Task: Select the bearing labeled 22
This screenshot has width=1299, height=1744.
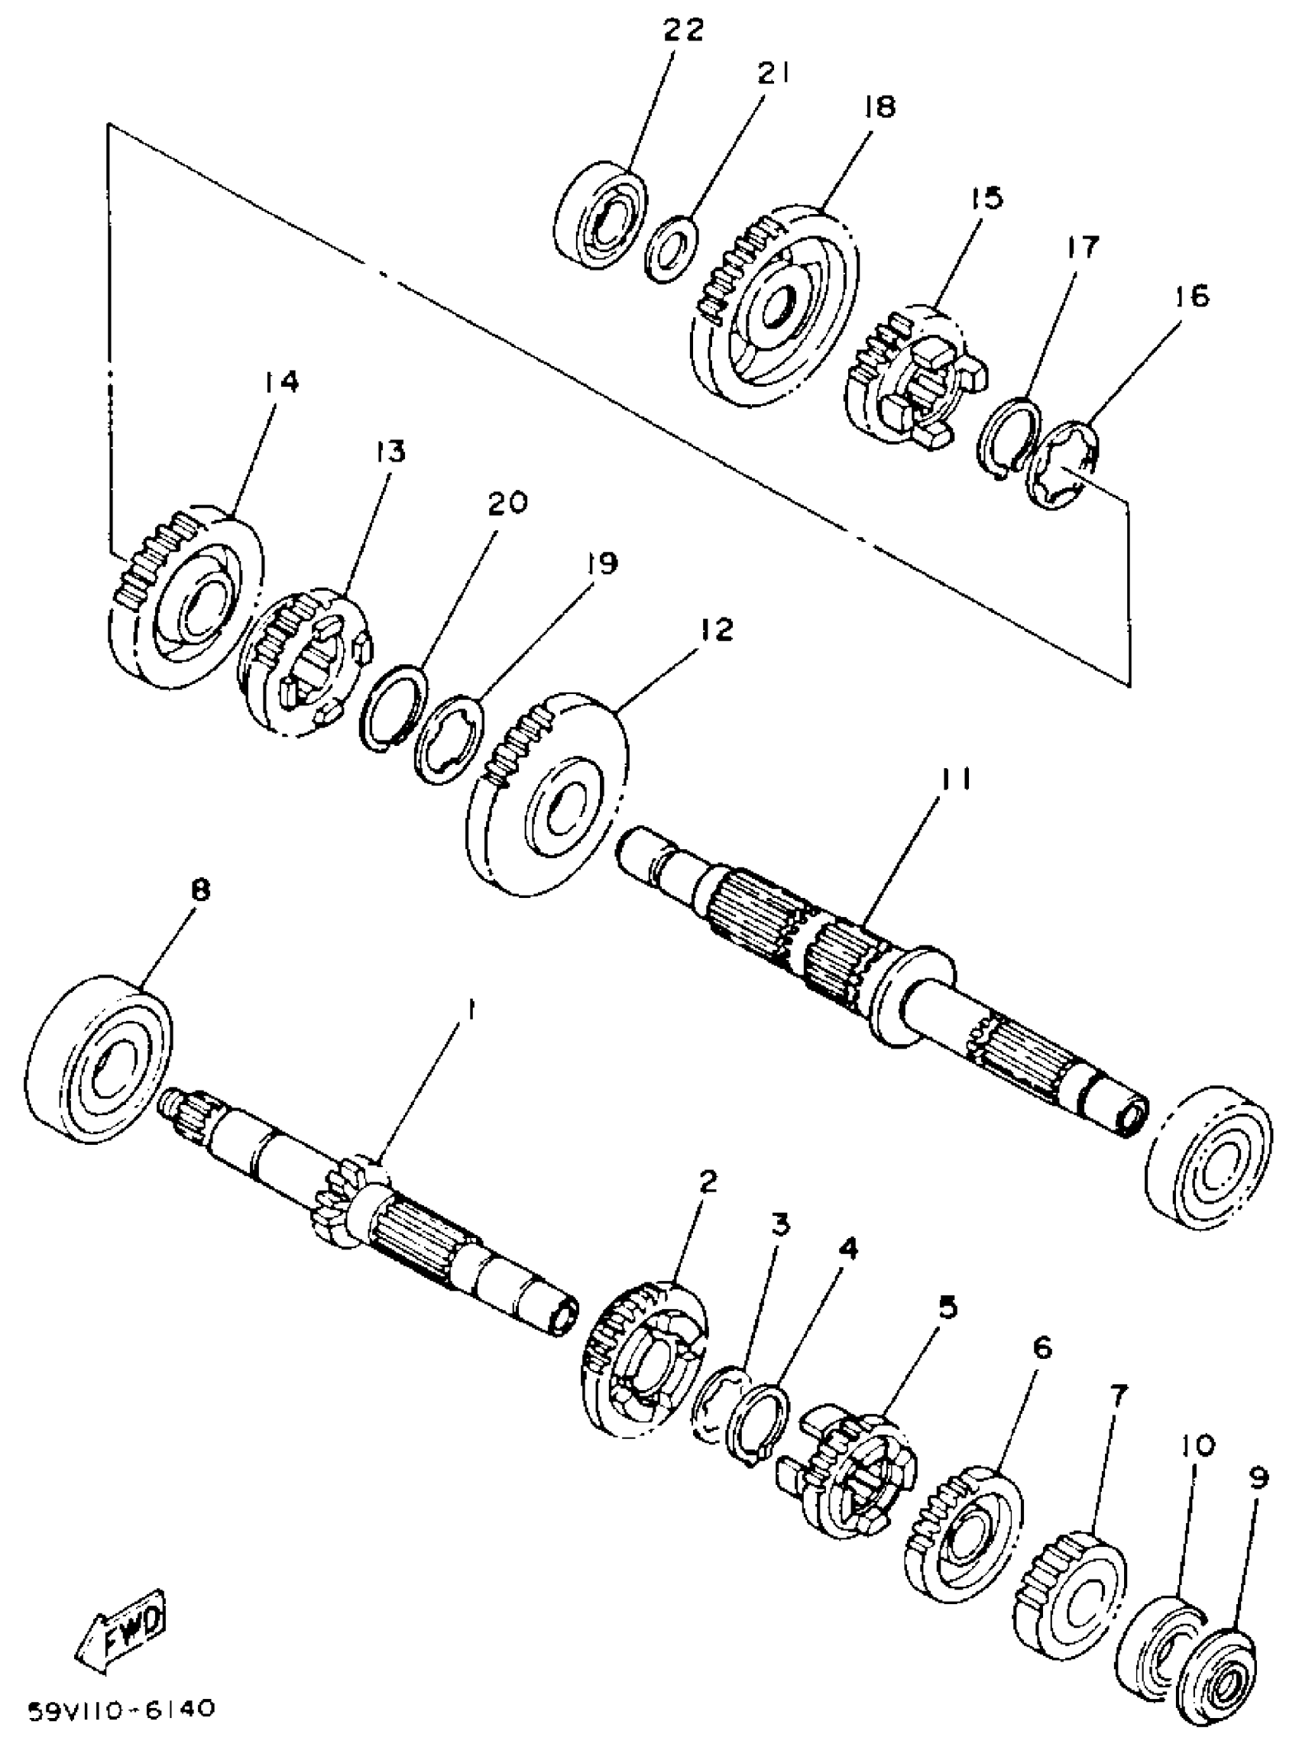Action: click(x=600, y=214)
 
